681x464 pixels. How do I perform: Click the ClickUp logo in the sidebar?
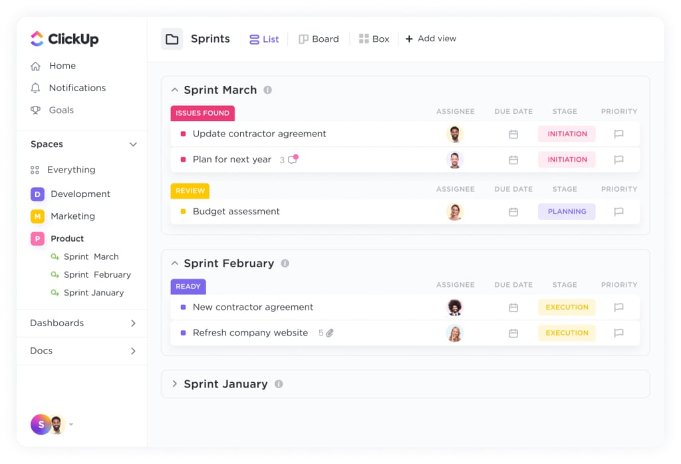[65, 39]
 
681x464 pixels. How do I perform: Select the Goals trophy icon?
[35, 110]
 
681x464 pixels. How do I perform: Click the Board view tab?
[319, 39]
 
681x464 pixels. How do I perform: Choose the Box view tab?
[374, 39]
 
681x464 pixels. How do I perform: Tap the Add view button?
[430, 39]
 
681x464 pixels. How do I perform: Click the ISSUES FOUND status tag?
[202, 113]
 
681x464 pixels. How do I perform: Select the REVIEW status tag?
[190, 191]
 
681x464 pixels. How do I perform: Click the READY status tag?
[188, 286]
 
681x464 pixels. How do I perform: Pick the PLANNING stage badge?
[567, 212]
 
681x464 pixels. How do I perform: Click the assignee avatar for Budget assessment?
[455, 212]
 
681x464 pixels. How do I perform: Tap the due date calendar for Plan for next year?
[513, 160]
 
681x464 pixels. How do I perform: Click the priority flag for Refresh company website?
[619, 333]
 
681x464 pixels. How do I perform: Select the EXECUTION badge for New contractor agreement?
[567, 308]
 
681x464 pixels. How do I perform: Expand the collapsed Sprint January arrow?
[175, 384]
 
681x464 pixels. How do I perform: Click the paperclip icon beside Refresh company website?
[330, 333]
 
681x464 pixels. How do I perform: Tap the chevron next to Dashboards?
[133, 323]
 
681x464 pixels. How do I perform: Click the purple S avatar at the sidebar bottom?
[40, 425]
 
